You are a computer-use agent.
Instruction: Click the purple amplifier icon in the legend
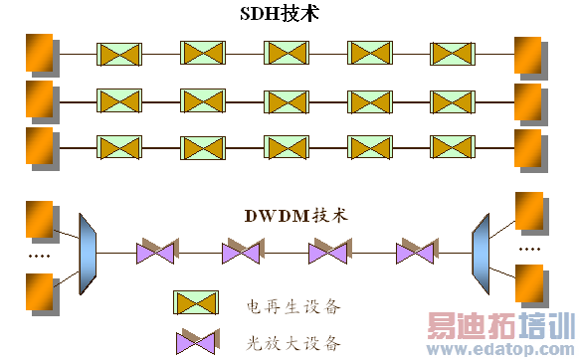point(195,342)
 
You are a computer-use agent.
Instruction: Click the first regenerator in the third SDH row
point(116,145)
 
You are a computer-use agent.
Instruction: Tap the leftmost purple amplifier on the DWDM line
point(157,251)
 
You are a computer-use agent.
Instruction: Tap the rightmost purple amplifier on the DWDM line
point(416,251)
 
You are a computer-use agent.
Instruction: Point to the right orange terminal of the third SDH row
point(527,145)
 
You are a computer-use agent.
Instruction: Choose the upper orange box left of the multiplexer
point(39,218)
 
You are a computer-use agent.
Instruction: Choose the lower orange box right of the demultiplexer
point(529,280)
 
